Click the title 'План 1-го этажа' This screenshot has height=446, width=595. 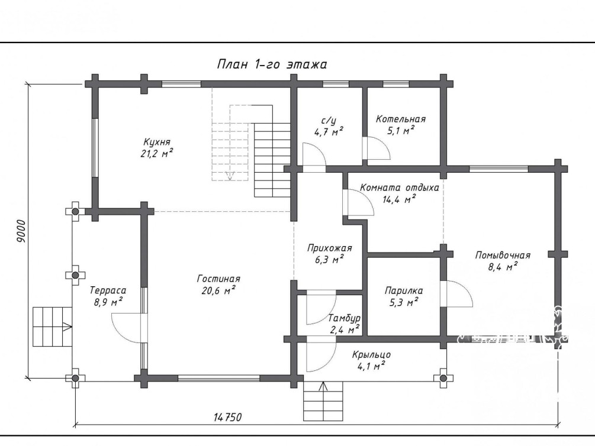click(x=272, y=64)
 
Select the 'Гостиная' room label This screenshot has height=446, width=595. click(x=218, y=279)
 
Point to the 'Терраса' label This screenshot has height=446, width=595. click(x=108, y=291)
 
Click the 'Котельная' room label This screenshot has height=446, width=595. click(x=401, y=119)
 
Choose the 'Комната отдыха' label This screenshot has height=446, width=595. click(x=399, y=188)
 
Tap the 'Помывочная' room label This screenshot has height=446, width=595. click(x=503, y=255)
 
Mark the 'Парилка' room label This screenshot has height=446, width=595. click(x=404, y=291)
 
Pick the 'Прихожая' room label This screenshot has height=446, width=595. click(x=329, y=248)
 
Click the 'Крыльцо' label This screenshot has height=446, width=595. click(x=371, y=355)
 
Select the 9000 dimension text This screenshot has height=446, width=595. click(x=22, y=231)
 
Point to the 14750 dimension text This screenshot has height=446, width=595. click(x=228, y=417)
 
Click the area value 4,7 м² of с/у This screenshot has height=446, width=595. click(x=329, y=131)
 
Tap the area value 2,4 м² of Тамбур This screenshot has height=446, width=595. click(x=345, y=329)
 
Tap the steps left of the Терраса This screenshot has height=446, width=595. click(x=52, y=326)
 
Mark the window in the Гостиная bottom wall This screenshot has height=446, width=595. click(x=219, y=378)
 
